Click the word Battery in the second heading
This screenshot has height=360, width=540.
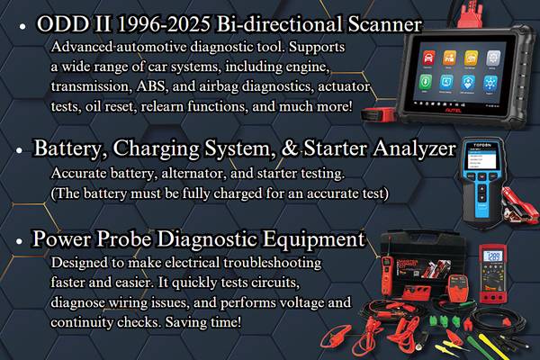[70, 149]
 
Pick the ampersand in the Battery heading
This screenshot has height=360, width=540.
[289, 148]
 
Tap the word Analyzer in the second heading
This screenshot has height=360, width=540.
[415, 149]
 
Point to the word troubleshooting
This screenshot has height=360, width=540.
[272, 263]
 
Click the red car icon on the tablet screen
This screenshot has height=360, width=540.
[428, 58]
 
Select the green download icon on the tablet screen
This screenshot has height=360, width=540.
[426, 82]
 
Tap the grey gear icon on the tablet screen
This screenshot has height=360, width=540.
[493, 58]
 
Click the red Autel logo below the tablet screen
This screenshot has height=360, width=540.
[453, 110]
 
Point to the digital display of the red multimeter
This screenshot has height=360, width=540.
[493, 256]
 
